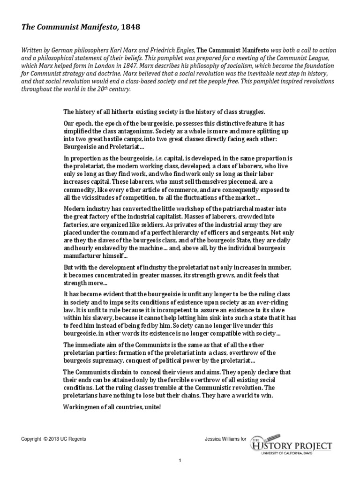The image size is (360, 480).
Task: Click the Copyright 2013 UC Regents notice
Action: point(53,439)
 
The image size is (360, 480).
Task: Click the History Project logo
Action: point(291,445)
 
